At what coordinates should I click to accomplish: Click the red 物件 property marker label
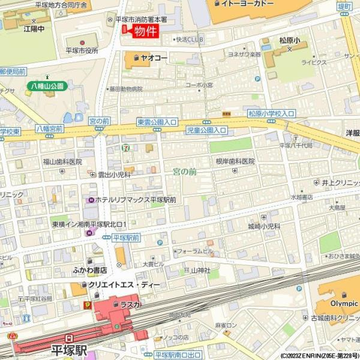pos(145,31)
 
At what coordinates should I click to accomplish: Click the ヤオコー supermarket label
pos(154,58)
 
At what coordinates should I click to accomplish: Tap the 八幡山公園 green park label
pos(47,86)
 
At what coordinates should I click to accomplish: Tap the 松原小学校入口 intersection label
pos(271,113)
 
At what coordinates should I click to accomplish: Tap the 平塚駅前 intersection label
pos(125,238)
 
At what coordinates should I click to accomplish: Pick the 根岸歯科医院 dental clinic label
pos(235,161)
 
